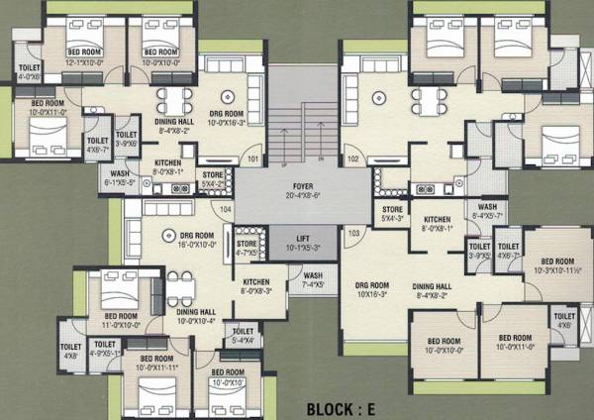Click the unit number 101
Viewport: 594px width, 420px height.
click(253, 159)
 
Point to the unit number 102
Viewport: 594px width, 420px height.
click(352, 158)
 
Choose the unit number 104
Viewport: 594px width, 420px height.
click(225, 210)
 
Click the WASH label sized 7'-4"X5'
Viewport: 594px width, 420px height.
click(314, 279)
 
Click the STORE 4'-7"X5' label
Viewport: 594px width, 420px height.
click(247, 248)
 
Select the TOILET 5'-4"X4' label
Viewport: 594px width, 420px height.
click(244, 336)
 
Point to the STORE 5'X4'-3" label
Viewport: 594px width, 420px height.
click(391, 214)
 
